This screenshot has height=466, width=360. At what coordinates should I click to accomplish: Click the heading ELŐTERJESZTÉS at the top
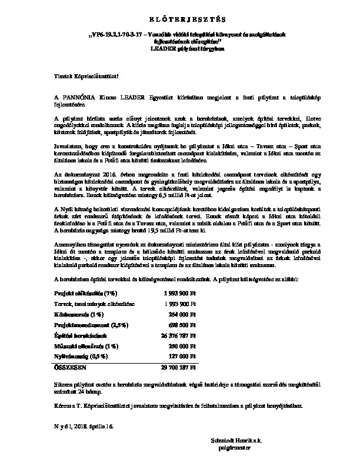(180, 19)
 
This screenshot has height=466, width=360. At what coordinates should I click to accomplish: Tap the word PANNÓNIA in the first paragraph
(75, 96)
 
